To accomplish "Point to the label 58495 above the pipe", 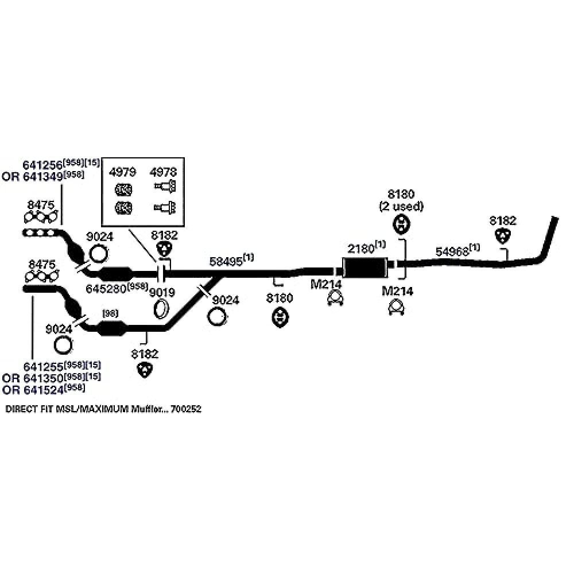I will tap(226, 261).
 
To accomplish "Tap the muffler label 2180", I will tap(360, 249).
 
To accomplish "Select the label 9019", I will tap(161, 292).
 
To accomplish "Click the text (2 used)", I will tap(401, 205).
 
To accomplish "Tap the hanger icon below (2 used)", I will tap(401, 224).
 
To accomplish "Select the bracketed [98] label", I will tap(110, 313).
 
